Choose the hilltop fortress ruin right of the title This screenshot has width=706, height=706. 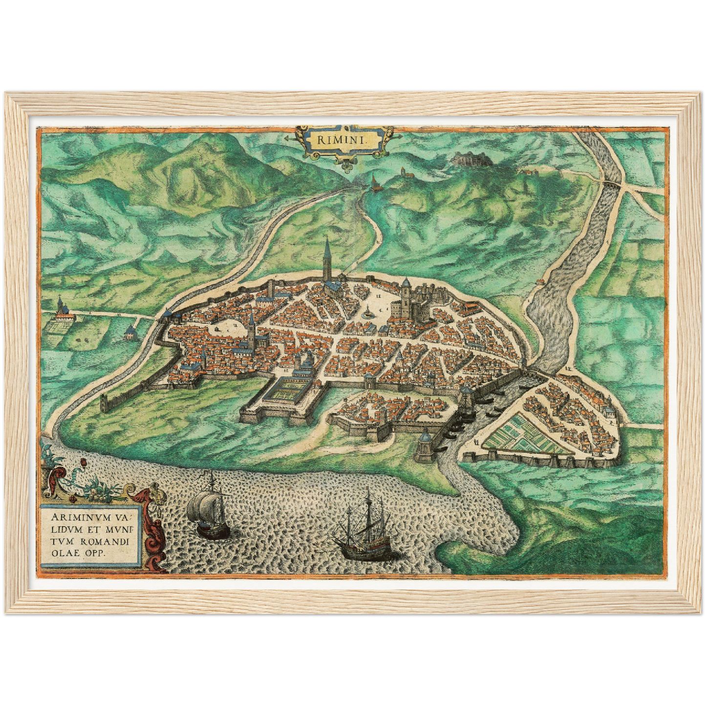tap(465, 157)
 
